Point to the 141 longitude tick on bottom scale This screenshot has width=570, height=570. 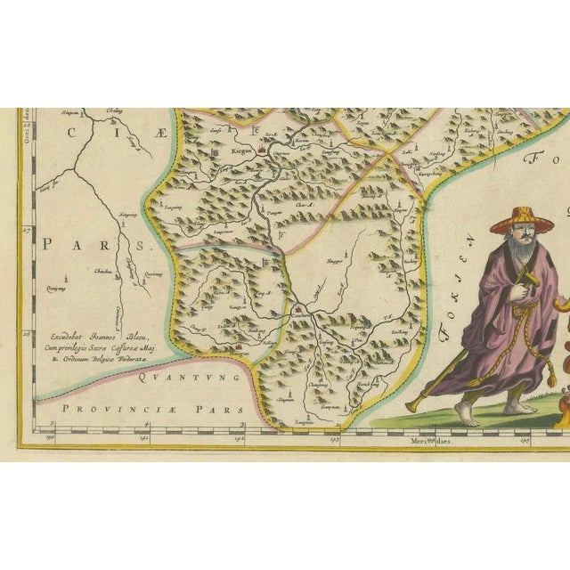[x=143, y=438]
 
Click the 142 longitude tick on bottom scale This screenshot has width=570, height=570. [x=239, y=438]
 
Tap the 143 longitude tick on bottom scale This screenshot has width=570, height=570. [x=333, y=438]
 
